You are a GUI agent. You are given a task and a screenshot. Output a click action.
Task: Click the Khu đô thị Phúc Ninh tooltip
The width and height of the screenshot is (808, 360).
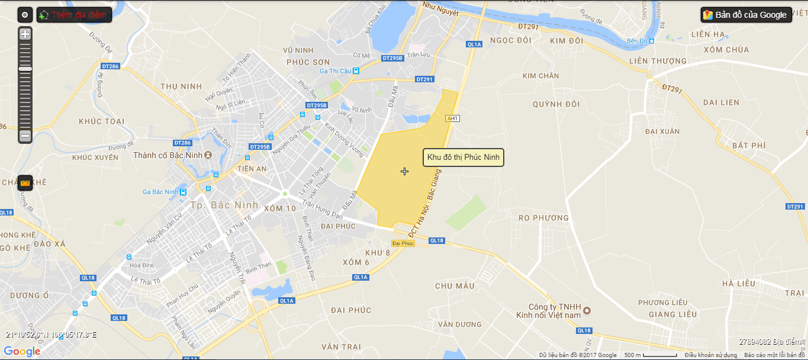point(463,157)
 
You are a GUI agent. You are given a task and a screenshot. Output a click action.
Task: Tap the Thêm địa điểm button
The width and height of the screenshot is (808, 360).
point(74,15)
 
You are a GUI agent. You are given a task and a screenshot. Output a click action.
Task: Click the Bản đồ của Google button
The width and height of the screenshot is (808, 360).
point(746,15)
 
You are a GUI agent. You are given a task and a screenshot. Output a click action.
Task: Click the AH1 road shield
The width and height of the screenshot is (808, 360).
point(453,118)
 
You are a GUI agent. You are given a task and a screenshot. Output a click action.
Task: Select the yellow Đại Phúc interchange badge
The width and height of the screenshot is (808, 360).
point(403,243)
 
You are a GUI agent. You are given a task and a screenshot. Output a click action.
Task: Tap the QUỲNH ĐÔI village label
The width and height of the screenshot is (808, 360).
point(556,104)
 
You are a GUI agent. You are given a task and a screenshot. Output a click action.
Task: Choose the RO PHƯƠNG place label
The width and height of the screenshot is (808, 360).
point(543,218)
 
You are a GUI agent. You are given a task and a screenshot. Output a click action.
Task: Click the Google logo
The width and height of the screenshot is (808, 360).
point(22,351)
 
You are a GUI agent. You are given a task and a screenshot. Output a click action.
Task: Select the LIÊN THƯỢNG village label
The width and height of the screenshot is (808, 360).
point(658,61)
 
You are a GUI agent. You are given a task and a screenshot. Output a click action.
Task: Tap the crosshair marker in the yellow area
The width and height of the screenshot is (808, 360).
point(404,171)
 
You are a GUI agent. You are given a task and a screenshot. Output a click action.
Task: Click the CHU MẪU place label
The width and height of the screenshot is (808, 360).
point(455,286)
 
